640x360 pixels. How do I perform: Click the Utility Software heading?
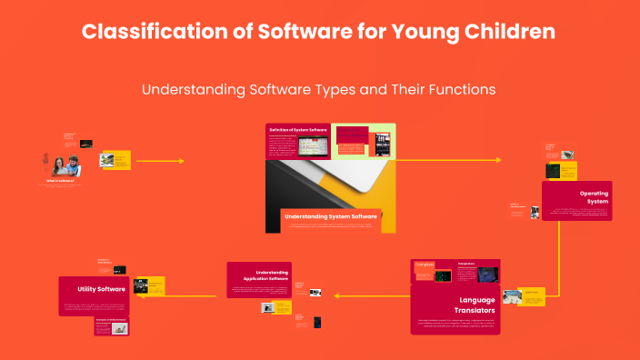click(101, 288)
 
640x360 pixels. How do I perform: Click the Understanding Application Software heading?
click(272, 275)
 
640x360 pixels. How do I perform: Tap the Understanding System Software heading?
click(330, 216)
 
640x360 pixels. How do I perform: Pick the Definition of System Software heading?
click(297, 130)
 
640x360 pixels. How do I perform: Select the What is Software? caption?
click(60, 181)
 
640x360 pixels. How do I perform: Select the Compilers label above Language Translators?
click(424, 265)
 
